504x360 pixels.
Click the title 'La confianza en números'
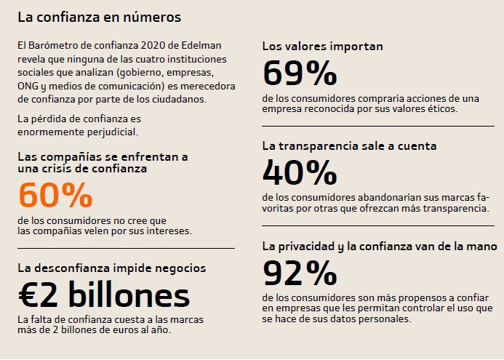(99, 15)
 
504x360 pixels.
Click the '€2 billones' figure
(103, 295)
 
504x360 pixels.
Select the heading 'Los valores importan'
(322, 47)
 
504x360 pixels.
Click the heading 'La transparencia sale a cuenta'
(349, 145)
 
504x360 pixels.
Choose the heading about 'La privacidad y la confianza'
(379, 247)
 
